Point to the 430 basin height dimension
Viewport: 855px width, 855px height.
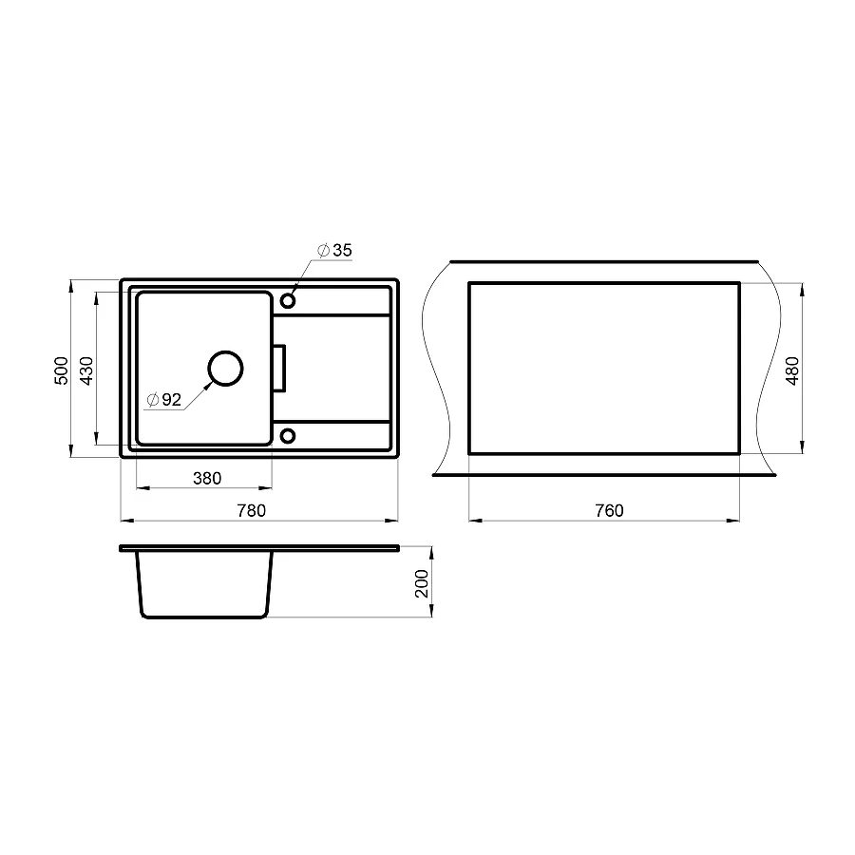[x=85, y=370]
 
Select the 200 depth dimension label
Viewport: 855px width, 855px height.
[x=423, y=582]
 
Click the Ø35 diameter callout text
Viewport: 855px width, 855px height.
[x=335, y=250]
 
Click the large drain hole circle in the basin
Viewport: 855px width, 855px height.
[x=225, y=368]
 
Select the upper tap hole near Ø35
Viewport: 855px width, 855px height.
[x=287, y=301]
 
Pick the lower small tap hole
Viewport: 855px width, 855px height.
[x=287, y=436]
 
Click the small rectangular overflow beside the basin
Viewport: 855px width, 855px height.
[x=279, y=368]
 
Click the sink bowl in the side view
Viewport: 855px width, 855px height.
[x=205, y=584]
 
